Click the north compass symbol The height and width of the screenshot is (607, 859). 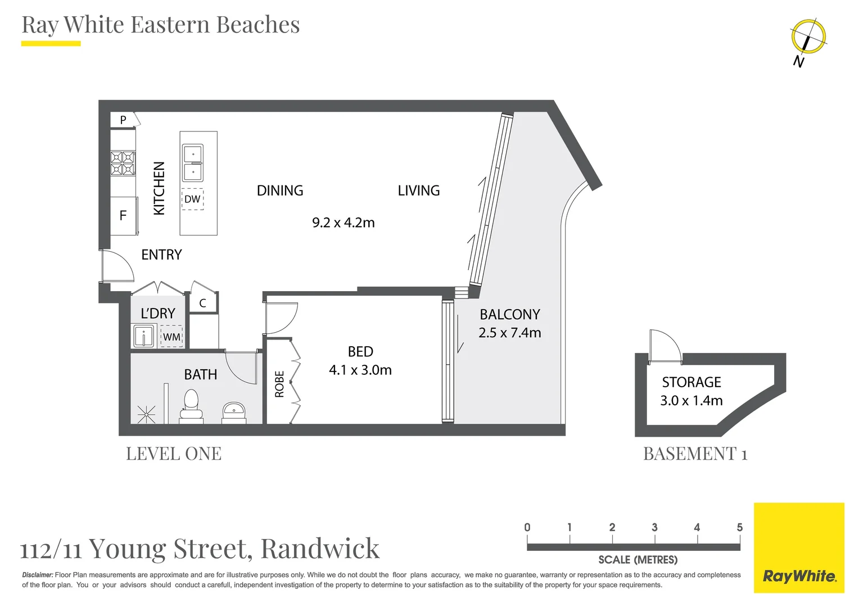808,38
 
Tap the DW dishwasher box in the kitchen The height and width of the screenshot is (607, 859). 192,199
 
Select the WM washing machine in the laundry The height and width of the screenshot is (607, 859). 171,337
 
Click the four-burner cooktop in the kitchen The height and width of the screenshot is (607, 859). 123,163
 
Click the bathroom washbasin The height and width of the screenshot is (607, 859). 234,410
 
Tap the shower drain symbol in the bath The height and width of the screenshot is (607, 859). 146,415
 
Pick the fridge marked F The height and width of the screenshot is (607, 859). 123,216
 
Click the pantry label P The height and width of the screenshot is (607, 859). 123,120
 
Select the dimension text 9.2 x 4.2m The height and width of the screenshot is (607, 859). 343,223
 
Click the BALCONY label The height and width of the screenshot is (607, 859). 509,314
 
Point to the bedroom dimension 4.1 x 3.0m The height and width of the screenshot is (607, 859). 360,370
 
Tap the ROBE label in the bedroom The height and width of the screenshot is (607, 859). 279,384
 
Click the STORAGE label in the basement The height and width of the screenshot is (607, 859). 691,382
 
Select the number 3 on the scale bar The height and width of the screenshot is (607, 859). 654,527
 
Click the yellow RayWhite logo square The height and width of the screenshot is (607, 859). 799,547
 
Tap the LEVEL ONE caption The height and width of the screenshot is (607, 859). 174,454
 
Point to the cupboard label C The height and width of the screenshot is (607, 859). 202,303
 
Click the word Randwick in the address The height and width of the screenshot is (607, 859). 320,549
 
